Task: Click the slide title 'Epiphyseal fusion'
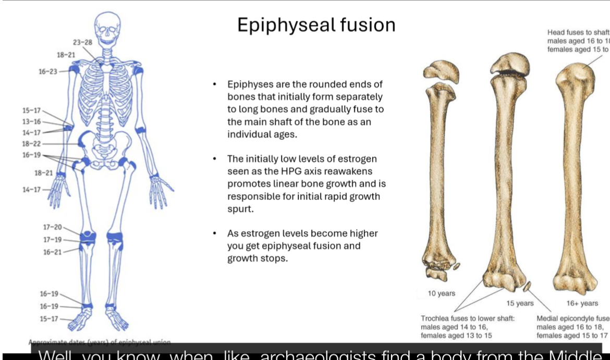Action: click(316, 25)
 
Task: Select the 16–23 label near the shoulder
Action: click(48, 71)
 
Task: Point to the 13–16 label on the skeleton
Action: click(31, 121)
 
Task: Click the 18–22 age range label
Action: click(31, 144)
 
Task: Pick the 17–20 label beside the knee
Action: click(53, 228)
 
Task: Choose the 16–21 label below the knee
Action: click(53, 252)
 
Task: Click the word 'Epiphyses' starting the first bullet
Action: click(249, 84)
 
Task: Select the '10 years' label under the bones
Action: click(442, 293)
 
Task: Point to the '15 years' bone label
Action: click(520, 303)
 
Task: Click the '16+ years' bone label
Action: click(582, 303)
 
